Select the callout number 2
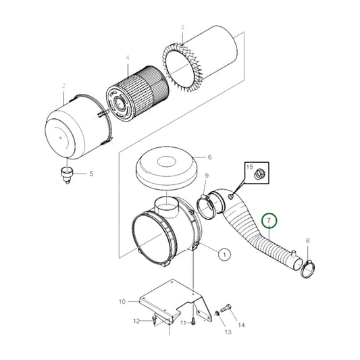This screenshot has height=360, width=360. point(63,86)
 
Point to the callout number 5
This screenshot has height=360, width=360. point(93,174)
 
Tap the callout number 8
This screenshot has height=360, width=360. point(308,240)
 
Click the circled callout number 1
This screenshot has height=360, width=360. point(223,254)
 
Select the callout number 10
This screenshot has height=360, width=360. point(122,301)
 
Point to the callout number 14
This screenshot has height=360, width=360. point(241,325)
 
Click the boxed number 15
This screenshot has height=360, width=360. point(249,167)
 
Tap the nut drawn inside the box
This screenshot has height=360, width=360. point(257,176)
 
